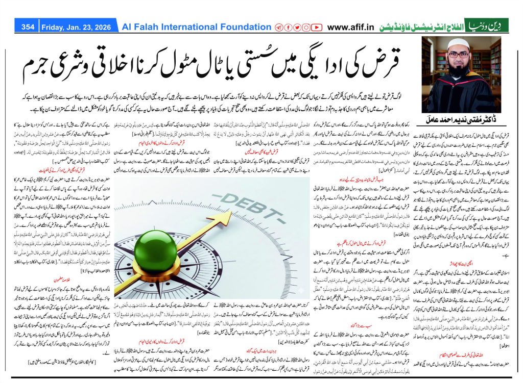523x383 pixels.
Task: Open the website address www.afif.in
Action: click(x=352, y=27)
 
